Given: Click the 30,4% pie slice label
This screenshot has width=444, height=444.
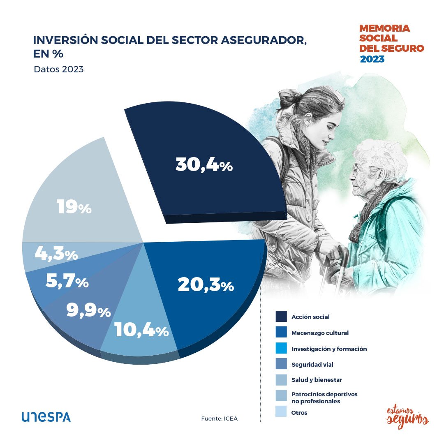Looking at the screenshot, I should point(204,165).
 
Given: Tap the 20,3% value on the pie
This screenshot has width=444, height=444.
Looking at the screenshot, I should point(206,285).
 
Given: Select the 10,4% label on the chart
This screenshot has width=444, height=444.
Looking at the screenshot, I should point(141,330).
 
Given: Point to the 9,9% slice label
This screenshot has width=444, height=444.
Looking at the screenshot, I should point(88,310).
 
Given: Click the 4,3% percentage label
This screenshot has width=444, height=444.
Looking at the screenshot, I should point(56,254).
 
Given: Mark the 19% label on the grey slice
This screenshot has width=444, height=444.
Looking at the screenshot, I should point(74,207).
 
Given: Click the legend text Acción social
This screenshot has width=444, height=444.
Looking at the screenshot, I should point(310,317).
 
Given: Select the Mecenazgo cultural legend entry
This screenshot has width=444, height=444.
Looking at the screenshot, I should point(320,333).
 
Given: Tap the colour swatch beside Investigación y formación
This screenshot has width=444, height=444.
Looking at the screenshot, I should point(281,349).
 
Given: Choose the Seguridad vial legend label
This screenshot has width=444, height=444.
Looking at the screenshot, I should point(312,364).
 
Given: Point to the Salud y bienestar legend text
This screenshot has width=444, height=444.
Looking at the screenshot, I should point(317,380).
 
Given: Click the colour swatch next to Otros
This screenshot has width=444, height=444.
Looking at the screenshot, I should point(281,412).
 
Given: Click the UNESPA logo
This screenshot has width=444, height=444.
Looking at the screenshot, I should point(46,417).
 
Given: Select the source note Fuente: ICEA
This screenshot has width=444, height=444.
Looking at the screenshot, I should point(219,419).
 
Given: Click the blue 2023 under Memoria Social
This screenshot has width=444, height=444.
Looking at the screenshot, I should point(372,59).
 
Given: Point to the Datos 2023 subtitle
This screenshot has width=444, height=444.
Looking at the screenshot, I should point(59,69).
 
